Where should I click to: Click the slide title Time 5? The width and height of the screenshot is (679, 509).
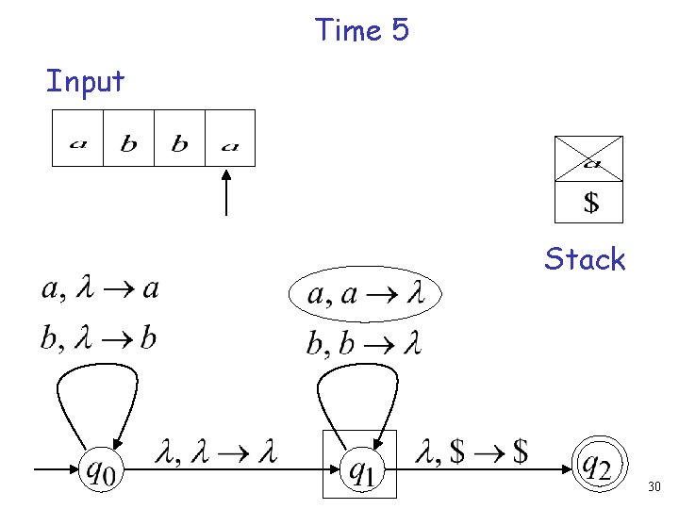362,30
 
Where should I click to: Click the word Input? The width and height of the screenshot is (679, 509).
85,82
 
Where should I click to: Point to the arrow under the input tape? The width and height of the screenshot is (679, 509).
226,193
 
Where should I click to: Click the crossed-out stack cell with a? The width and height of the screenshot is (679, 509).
588,158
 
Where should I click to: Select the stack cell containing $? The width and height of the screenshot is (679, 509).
588,201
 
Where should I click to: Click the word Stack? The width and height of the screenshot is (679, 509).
585,259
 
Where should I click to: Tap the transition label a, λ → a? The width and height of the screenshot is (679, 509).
99,288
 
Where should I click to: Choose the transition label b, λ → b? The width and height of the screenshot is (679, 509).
98,337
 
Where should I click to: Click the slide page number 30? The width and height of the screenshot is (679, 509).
654,487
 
